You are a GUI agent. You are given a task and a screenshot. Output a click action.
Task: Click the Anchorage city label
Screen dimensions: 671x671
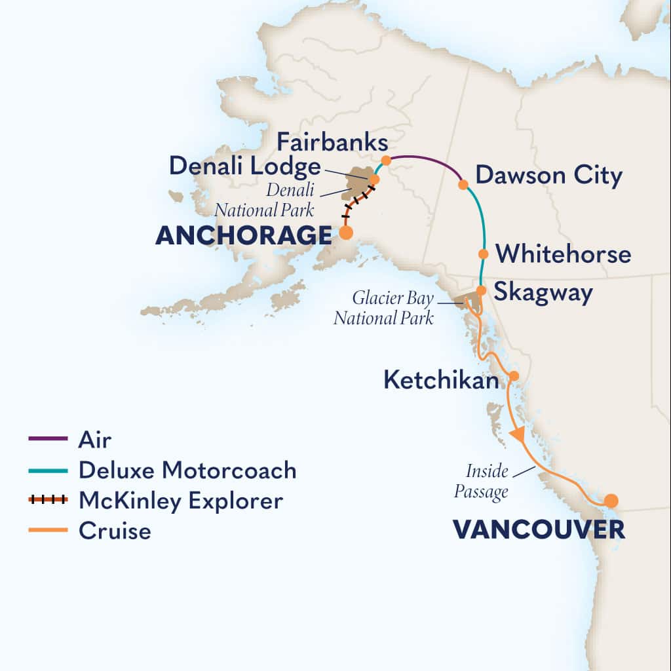[x=243, y=235]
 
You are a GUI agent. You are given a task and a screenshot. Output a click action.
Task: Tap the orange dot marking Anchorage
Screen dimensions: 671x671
[x=345, y=232]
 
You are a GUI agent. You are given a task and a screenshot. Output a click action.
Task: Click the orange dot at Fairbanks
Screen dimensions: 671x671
[x=387, y=160]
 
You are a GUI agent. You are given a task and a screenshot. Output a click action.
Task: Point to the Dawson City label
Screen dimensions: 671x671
[x=548, y=176]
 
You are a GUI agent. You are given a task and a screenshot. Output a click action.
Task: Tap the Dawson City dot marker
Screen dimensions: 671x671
[x=463, y=185]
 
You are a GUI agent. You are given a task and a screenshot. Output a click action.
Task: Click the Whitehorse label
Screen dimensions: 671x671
[x=564, y=254]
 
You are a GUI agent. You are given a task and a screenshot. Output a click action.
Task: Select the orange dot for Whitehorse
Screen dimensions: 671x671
[x=484, y=254]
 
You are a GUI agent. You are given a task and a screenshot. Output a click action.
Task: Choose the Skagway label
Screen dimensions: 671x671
[x=543, y=292]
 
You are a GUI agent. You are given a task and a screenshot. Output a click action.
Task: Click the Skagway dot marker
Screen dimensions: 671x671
[x=480, y=290]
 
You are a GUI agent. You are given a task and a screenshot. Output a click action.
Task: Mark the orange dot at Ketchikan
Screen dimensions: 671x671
[x=514, y=376]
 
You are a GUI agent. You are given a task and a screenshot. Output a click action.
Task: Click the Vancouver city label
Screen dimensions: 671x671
[x=539, y=529]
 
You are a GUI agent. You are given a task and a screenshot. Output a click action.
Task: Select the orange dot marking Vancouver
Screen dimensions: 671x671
[x=611, y=501]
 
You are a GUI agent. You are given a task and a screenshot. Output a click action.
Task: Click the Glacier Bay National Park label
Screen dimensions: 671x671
[x=384, y=308]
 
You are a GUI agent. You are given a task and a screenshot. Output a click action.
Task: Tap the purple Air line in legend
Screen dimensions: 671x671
[x=48, y=438]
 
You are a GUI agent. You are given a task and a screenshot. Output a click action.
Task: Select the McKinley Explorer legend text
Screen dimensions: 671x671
[x=181, y=501]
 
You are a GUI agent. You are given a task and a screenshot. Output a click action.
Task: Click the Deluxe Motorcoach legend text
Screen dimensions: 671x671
[x=187, y=470]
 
